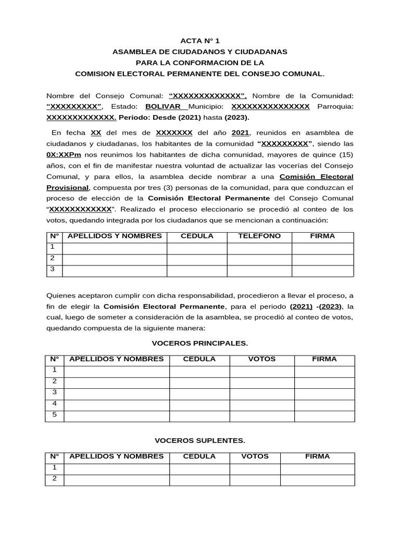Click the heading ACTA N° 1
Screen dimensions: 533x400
coord(200,41)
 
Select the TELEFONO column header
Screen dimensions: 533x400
coord(259,236)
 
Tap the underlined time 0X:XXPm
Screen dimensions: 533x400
coord(66,155)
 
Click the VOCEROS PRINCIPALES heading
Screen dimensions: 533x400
coord(199,344)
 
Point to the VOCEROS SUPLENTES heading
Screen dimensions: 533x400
coord(199,441)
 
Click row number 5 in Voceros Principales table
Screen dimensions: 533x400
coord(54,415)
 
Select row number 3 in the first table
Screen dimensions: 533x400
coord(53,270)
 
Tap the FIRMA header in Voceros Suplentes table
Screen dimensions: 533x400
coord(317,456)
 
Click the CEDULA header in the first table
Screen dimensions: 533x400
coord(197,236)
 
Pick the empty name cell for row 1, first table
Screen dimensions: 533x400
coord(114,247)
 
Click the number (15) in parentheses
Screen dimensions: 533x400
coord(346,155)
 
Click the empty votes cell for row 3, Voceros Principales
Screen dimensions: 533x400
coord(262,393)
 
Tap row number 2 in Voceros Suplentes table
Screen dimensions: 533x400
coord(54,479)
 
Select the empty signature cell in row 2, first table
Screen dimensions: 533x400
coord(322,259)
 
